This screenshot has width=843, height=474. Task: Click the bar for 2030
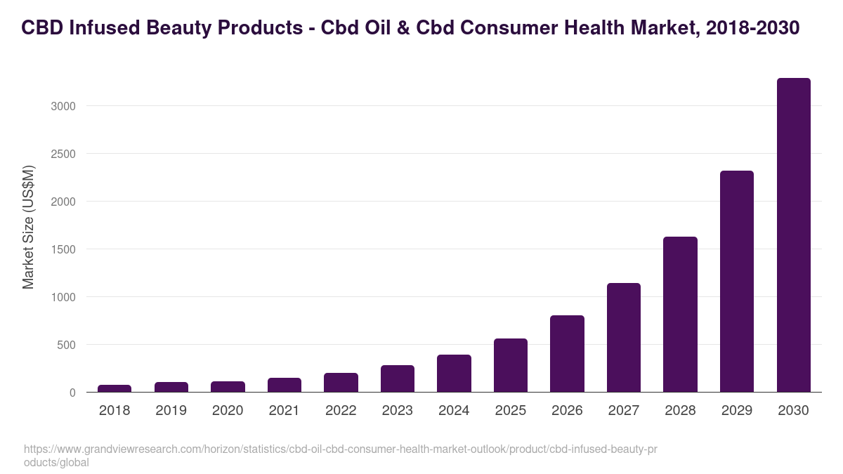click(793, 235)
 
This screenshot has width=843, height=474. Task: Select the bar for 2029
click(736, 281)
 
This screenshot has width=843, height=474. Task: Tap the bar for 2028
click(680, 315)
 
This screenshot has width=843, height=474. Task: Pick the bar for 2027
click(624, 338)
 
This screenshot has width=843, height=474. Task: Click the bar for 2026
click(567, 354)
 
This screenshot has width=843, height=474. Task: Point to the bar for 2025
click(511, 365)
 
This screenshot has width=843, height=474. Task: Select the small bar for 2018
click(115, 388)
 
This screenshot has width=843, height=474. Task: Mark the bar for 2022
click(341, 383)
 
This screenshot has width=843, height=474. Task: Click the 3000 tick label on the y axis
click(63, 106)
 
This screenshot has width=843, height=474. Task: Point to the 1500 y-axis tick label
click(63, 249)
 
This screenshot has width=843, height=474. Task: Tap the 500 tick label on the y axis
click(66, 345)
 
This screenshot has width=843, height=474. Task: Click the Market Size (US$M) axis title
click(28, 227)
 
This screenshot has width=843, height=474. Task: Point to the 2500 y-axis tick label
click(63, 154)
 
